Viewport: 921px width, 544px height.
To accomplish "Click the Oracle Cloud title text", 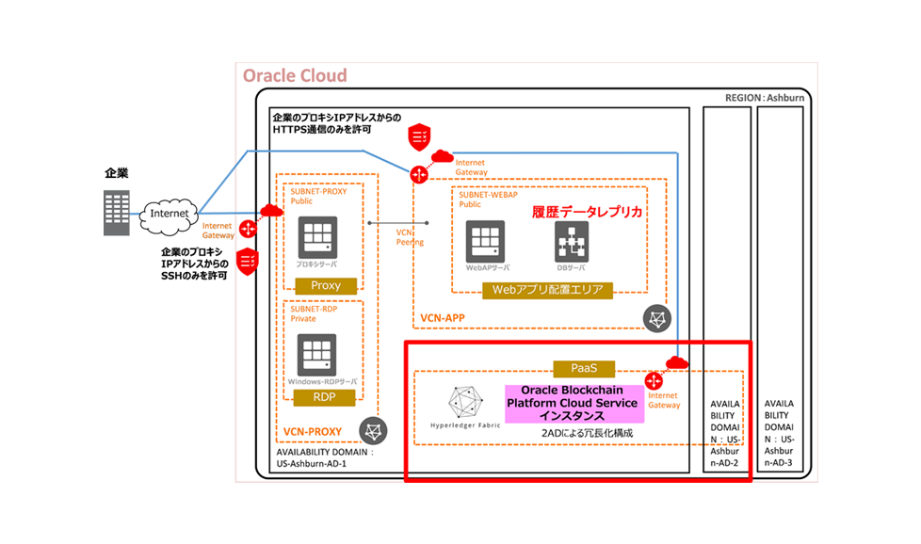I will point(295,76).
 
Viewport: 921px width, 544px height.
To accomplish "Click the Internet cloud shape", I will point(170,215).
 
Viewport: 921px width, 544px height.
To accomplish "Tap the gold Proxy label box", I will point(325,285).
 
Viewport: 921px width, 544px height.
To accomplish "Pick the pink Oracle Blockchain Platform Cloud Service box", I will point(573,403).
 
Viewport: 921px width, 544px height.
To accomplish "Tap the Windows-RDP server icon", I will point(317,355).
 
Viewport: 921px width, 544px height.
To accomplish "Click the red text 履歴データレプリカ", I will point(588,213).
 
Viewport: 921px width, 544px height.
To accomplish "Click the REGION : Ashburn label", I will point(765,98).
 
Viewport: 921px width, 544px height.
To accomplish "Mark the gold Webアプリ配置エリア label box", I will point(547,290).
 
